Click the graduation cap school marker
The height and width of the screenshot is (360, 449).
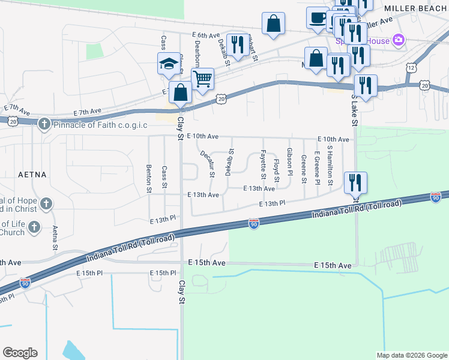(168, 63)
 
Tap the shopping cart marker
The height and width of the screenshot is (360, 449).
(203, 78)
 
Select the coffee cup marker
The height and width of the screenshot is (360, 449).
(317, 17)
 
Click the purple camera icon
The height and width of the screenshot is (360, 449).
(397, 40)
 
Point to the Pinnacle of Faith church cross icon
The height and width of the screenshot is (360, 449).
(43, 125)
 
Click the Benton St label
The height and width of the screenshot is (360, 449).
(149, 179)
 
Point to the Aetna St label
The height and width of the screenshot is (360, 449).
(55, 238)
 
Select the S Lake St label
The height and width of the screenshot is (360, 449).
(355, 110)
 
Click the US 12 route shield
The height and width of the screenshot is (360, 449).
(411, 68)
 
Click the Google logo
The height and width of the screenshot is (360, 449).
(20, 353)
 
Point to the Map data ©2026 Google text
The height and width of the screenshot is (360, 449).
(412, 355)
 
